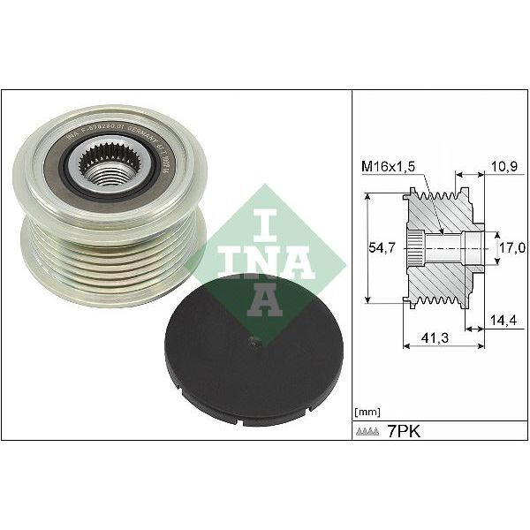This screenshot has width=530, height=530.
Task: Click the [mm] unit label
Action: [366, 412]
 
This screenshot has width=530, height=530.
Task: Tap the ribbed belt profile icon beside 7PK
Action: [367, 433]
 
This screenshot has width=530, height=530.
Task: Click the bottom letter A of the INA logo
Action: [265, 301]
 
